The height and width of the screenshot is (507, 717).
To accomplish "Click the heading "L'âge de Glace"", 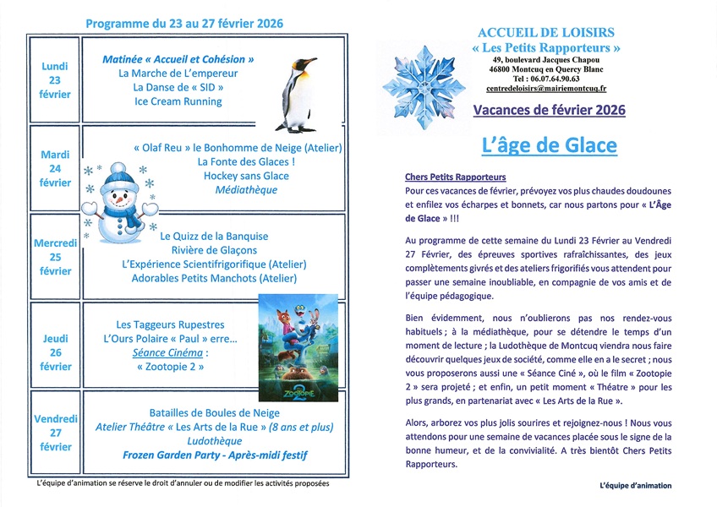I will pyautogui.click(x=549, y=145).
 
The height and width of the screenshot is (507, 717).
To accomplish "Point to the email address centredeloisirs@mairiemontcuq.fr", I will pyautogui.click(x=549, y=88).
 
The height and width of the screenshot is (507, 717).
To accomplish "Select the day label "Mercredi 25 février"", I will pyautogui.click(x=56, y=257).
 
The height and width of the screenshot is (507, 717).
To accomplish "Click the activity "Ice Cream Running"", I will pyautogui.click(x=178, y=101).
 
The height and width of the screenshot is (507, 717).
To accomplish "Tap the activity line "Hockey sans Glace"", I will pyautogui.click(x=246, y=176).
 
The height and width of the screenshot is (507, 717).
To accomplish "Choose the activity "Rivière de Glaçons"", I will pyautogui.click(x=213, y=250).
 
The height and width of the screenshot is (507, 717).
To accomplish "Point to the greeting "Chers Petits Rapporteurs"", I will pyautogui.click(x=456, y=177).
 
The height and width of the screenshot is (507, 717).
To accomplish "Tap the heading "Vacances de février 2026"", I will pyautogui.click(x=549, y=110).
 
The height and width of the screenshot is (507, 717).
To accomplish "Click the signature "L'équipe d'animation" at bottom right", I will pyautogui.click(x=635, y=485).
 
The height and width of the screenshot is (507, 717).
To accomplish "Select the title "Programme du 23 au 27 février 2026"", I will pyautogui.click(x=184, y=23).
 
